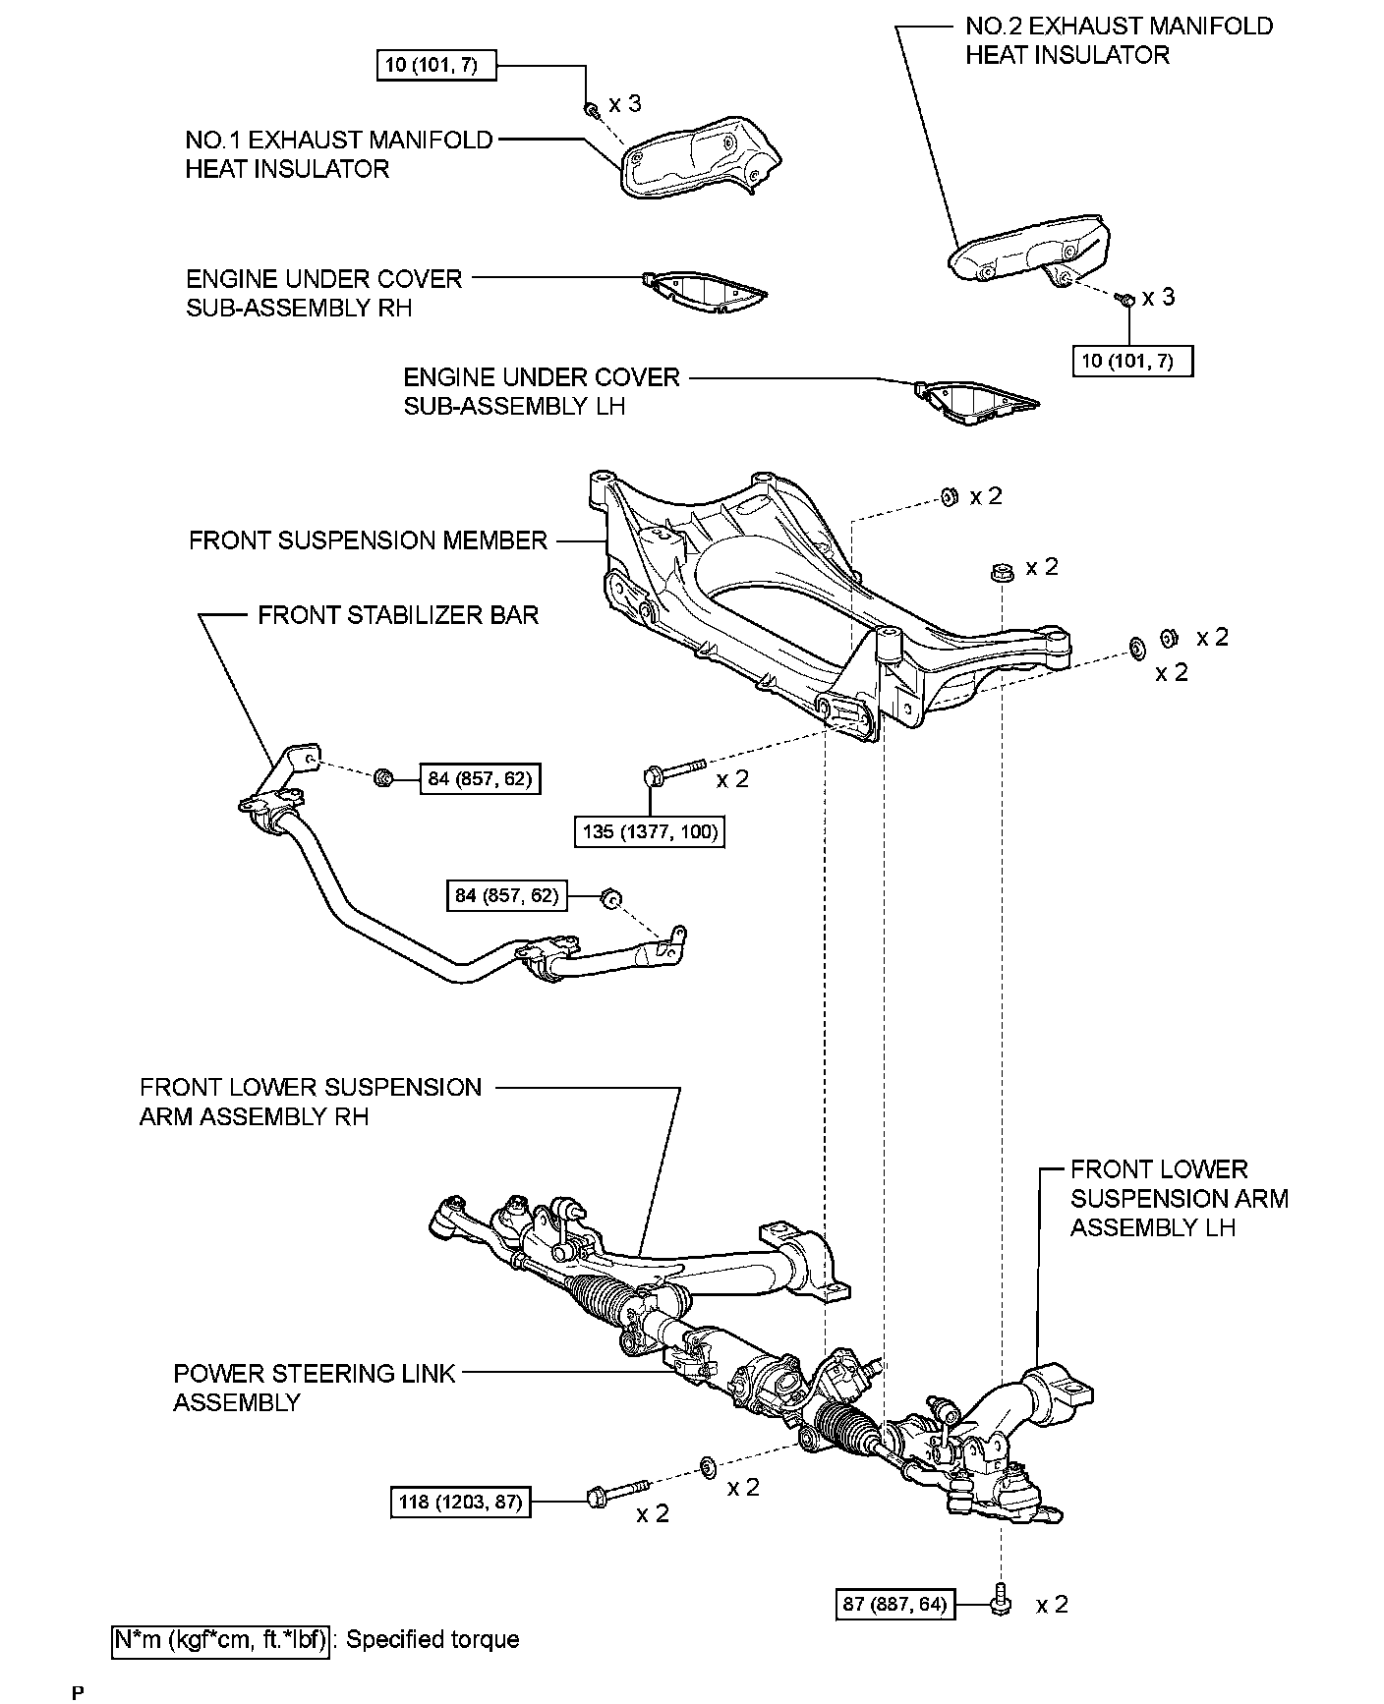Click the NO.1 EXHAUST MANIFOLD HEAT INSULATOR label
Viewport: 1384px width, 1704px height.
(338, 154)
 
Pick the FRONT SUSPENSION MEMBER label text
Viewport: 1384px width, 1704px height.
(368, 540)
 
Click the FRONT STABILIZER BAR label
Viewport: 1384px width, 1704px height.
(398, 615)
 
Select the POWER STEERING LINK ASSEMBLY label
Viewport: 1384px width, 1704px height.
(314, 1388)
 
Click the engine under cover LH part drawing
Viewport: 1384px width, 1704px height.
(973, 402)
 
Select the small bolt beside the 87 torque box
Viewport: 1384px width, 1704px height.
(1000, 1603)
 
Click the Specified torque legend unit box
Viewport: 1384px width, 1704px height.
(220, 1639)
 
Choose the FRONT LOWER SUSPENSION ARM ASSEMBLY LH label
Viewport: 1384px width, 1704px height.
(1179, 1198)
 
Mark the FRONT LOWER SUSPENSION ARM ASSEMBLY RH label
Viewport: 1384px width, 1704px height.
(311, 1102)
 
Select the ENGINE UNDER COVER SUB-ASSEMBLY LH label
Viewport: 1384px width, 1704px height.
(542, 391)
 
